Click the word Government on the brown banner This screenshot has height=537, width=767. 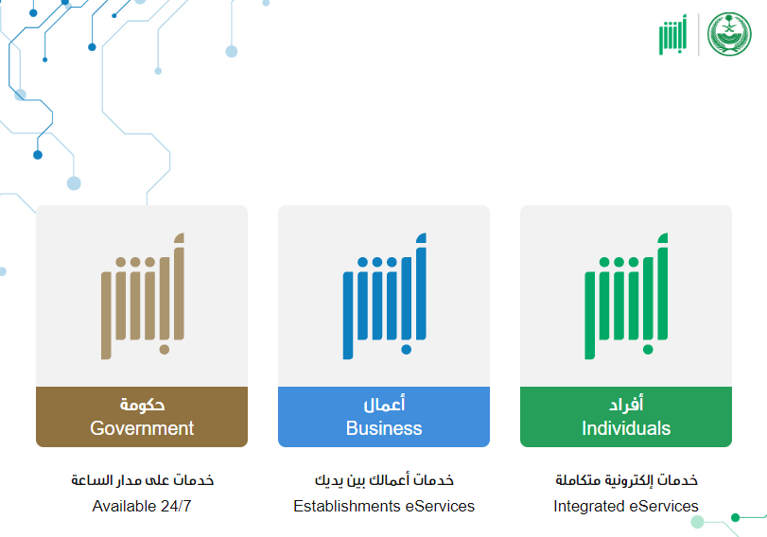click(142, 428)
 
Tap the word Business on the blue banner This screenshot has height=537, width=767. click(384, 428)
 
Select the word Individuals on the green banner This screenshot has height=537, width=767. click(626, 428)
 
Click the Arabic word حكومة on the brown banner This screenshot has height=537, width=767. click(143, 405)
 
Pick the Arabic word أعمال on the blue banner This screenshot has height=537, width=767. click(384, 404)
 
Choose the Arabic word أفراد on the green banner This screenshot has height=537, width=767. click(626, 404)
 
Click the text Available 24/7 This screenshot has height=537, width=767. click(142, 506)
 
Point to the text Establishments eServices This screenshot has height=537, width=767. click(384, 506)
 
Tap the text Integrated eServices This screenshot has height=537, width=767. click(626, 506)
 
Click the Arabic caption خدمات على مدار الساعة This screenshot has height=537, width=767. click(143, 479)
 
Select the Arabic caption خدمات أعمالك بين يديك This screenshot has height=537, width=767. click(384, 479)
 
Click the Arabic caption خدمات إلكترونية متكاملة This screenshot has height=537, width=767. click(626, 479)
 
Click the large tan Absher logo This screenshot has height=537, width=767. click(143, 296)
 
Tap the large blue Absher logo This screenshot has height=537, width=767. click(385, 296)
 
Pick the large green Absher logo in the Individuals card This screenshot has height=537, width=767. click(626, 296)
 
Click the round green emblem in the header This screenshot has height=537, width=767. click(729, 34)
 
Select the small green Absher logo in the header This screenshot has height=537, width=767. click(672, 34)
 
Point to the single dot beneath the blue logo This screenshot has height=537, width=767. click(406, 350)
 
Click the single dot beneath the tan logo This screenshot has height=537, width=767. click(165, 350)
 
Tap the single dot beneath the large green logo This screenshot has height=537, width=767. click(648, 350)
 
